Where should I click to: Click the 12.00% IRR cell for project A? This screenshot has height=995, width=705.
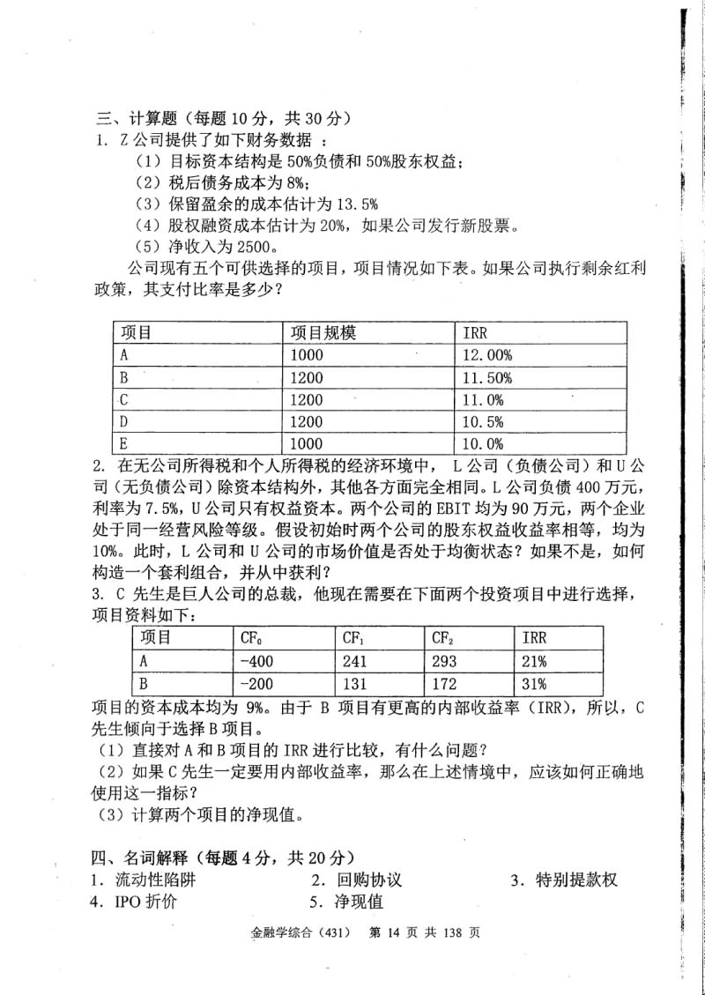(x=487, y=355)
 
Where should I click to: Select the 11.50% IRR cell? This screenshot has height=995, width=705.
(x=487, y=377)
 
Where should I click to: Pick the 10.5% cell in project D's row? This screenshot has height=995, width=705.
(x=484, y=421)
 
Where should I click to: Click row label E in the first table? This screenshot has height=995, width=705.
(x=124, y=444)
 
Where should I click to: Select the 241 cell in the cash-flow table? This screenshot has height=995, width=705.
(x=355, y=661)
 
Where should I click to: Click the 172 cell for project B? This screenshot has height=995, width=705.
(x=445, y=683)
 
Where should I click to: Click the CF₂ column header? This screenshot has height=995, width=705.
(x=443, y=638)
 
